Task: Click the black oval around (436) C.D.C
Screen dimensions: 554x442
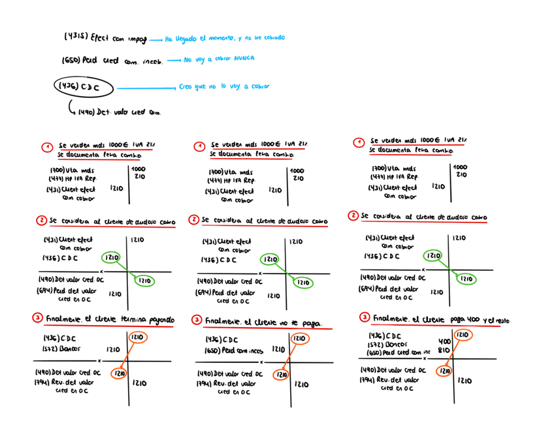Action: tap(84, 87)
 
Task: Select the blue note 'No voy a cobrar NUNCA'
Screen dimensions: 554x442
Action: tap(219, 59)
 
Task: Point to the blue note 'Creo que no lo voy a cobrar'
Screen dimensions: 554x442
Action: tap(223, 86)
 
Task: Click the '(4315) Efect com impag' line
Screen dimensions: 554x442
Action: tap(105, 38)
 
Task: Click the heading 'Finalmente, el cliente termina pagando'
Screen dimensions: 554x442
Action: tap(110, 320)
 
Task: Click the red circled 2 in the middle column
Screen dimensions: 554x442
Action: tap(194, 220)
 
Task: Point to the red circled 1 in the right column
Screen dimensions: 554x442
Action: tap(359, 142)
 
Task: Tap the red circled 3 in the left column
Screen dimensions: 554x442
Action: tap(38, 319)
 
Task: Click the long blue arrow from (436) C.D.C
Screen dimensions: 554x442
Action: tap(146, 88)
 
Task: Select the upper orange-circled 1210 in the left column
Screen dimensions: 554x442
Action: tap(137, 338)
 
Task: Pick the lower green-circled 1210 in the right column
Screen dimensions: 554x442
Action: tap(466, 279)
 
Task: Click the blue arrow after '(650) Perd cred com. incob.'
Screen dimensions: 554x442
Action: tap(173, 60)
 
